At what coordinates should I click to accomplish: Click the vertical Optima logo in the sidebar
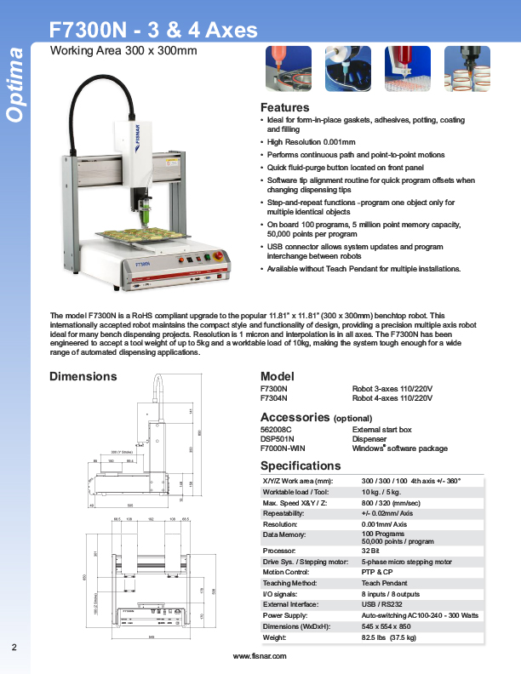point(14,85)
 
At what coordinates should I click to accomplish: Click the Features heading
point(284,108)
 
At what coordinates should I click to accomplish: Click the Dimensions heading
point(83,376)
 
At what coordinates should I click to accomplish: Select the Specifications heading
point(300,466)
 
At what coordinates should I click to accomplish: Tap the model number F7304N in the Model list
point(273,397)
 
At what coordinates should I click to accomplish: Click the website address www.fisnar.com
point(260,657)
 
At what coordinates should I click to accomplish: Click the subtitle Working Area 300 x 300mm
point(123,51)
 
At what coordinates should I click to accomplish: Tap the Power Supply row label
point(284,614)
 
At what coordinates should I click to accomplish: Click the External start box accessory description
point(381,430)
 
